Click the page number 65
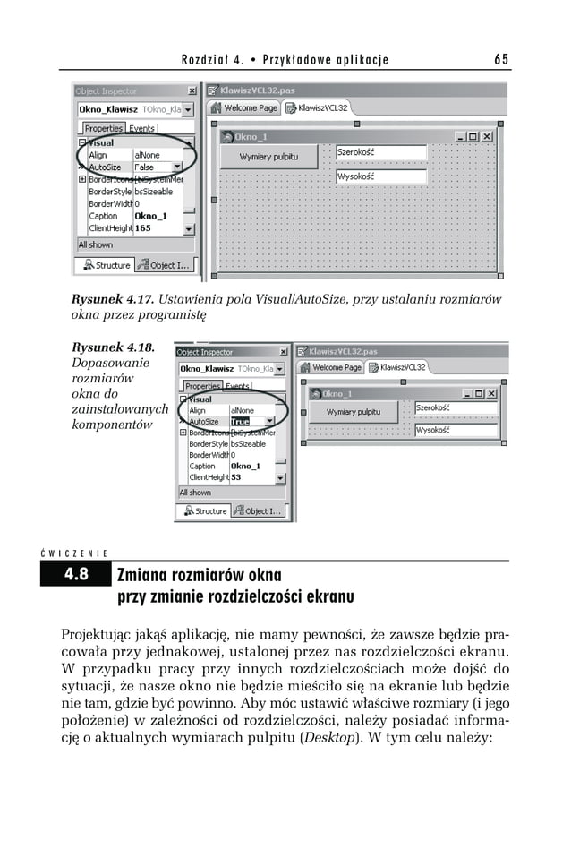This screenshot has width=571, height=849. coord(500,60)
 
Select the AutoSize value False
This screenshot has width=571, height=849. coord(145,167)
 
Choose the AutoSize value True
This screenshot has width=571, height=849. coord(241,421)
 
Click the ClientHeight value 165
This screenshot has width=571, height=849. coord(143,228)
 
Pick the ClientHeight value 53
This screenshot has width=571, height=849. coord(236,477)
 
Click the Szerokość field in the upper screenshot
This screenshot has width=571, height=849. coord(368,153)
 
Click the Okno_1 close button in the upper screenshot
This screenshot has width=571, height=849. coord(487,136)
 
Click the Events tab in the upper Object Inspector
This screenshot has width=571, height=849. coord(142,128)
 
